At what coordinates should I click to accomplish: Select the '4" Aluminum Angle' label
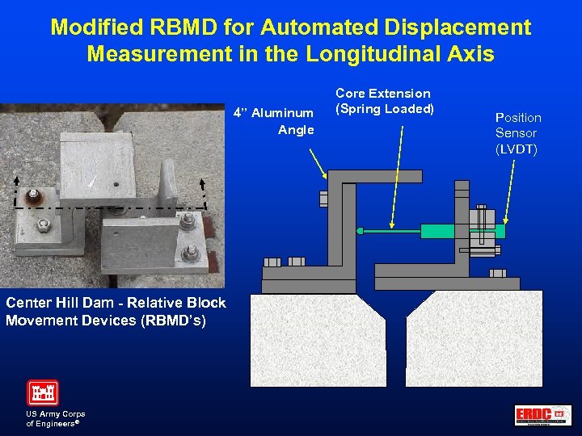click(x=274, y=121)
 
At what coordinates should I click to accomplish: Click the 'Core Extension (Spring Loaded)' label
click(x=384, y=101)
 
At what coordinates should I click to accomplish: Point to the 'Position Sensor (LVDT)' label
click(x=518, y=133)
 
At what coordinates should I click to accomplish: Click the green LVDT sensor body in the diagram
click(x=441, y=232)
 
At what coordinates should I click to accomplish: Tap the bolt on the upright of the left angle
click(x=325, y=198)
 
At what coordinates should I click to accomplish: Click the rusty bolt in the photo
click(x=35, y=195)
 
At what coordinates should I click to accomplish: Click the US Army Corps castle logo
click(x=42, y=393)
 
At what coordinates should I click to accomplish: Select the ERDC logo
click(x=542, y=415)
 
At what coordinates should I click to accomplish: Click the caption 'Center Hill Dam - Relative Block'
click(x=116, y=303)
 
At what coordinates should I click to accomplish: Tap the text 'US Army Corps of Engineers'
click(x=55, y=419)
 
